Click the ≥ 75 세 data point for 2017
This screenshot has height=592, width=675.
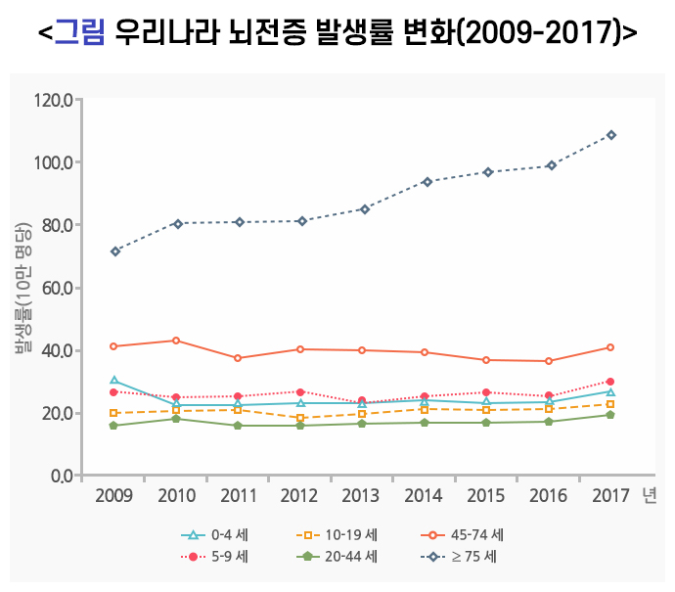610,135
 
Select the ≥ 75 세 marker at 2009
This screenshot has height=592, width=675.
114,251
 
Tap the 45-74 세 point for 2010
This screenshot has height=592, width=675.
176,341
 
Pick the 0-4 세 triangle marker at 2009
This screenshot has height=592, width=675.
114,381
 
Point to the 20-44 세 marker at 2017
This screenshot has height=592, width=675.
610,415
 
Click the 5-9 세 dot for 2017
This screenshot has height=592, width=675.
610,382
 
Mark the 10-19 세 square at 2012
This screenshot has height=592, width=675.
300,418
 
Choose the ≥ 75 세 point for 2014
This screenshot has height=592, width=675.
425,182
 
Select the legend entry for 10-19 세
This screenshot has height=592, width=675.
337,535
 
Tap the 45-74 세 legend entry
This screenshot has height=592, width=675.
464,535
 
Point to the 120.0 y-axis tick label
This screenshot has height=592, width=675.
53,100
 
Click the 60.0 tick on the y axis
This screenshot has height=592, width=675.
57,288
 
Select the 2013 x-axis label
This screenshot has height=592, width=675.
362,496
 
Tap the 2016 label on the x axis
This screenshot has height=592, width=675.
548,496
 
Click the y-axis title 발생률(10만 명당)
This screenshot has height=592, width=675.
22,288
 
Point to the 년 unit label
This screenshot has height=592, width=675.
650,496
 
